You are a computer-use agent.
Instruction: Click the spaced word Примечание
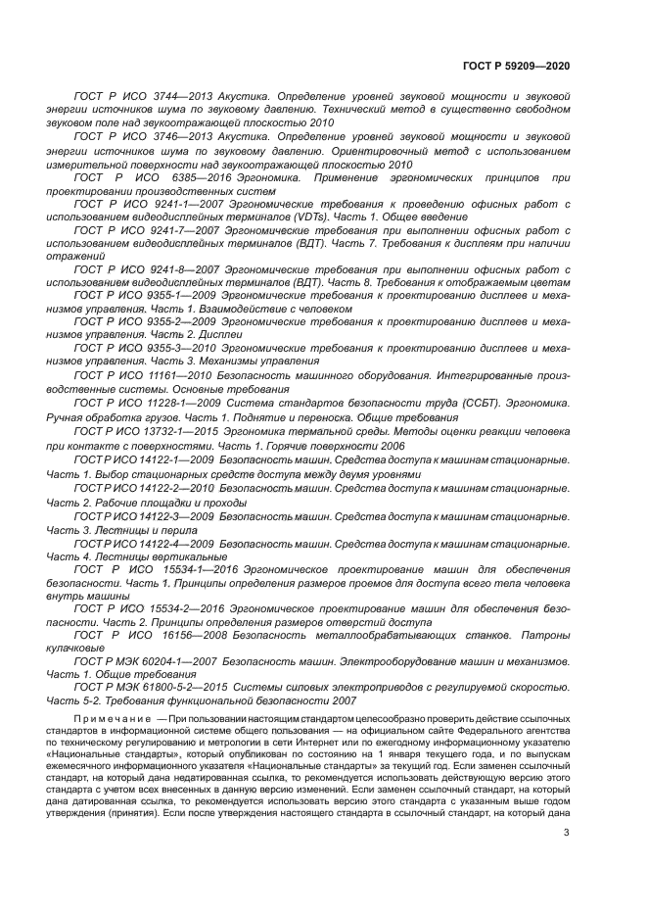click(110, 720)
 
